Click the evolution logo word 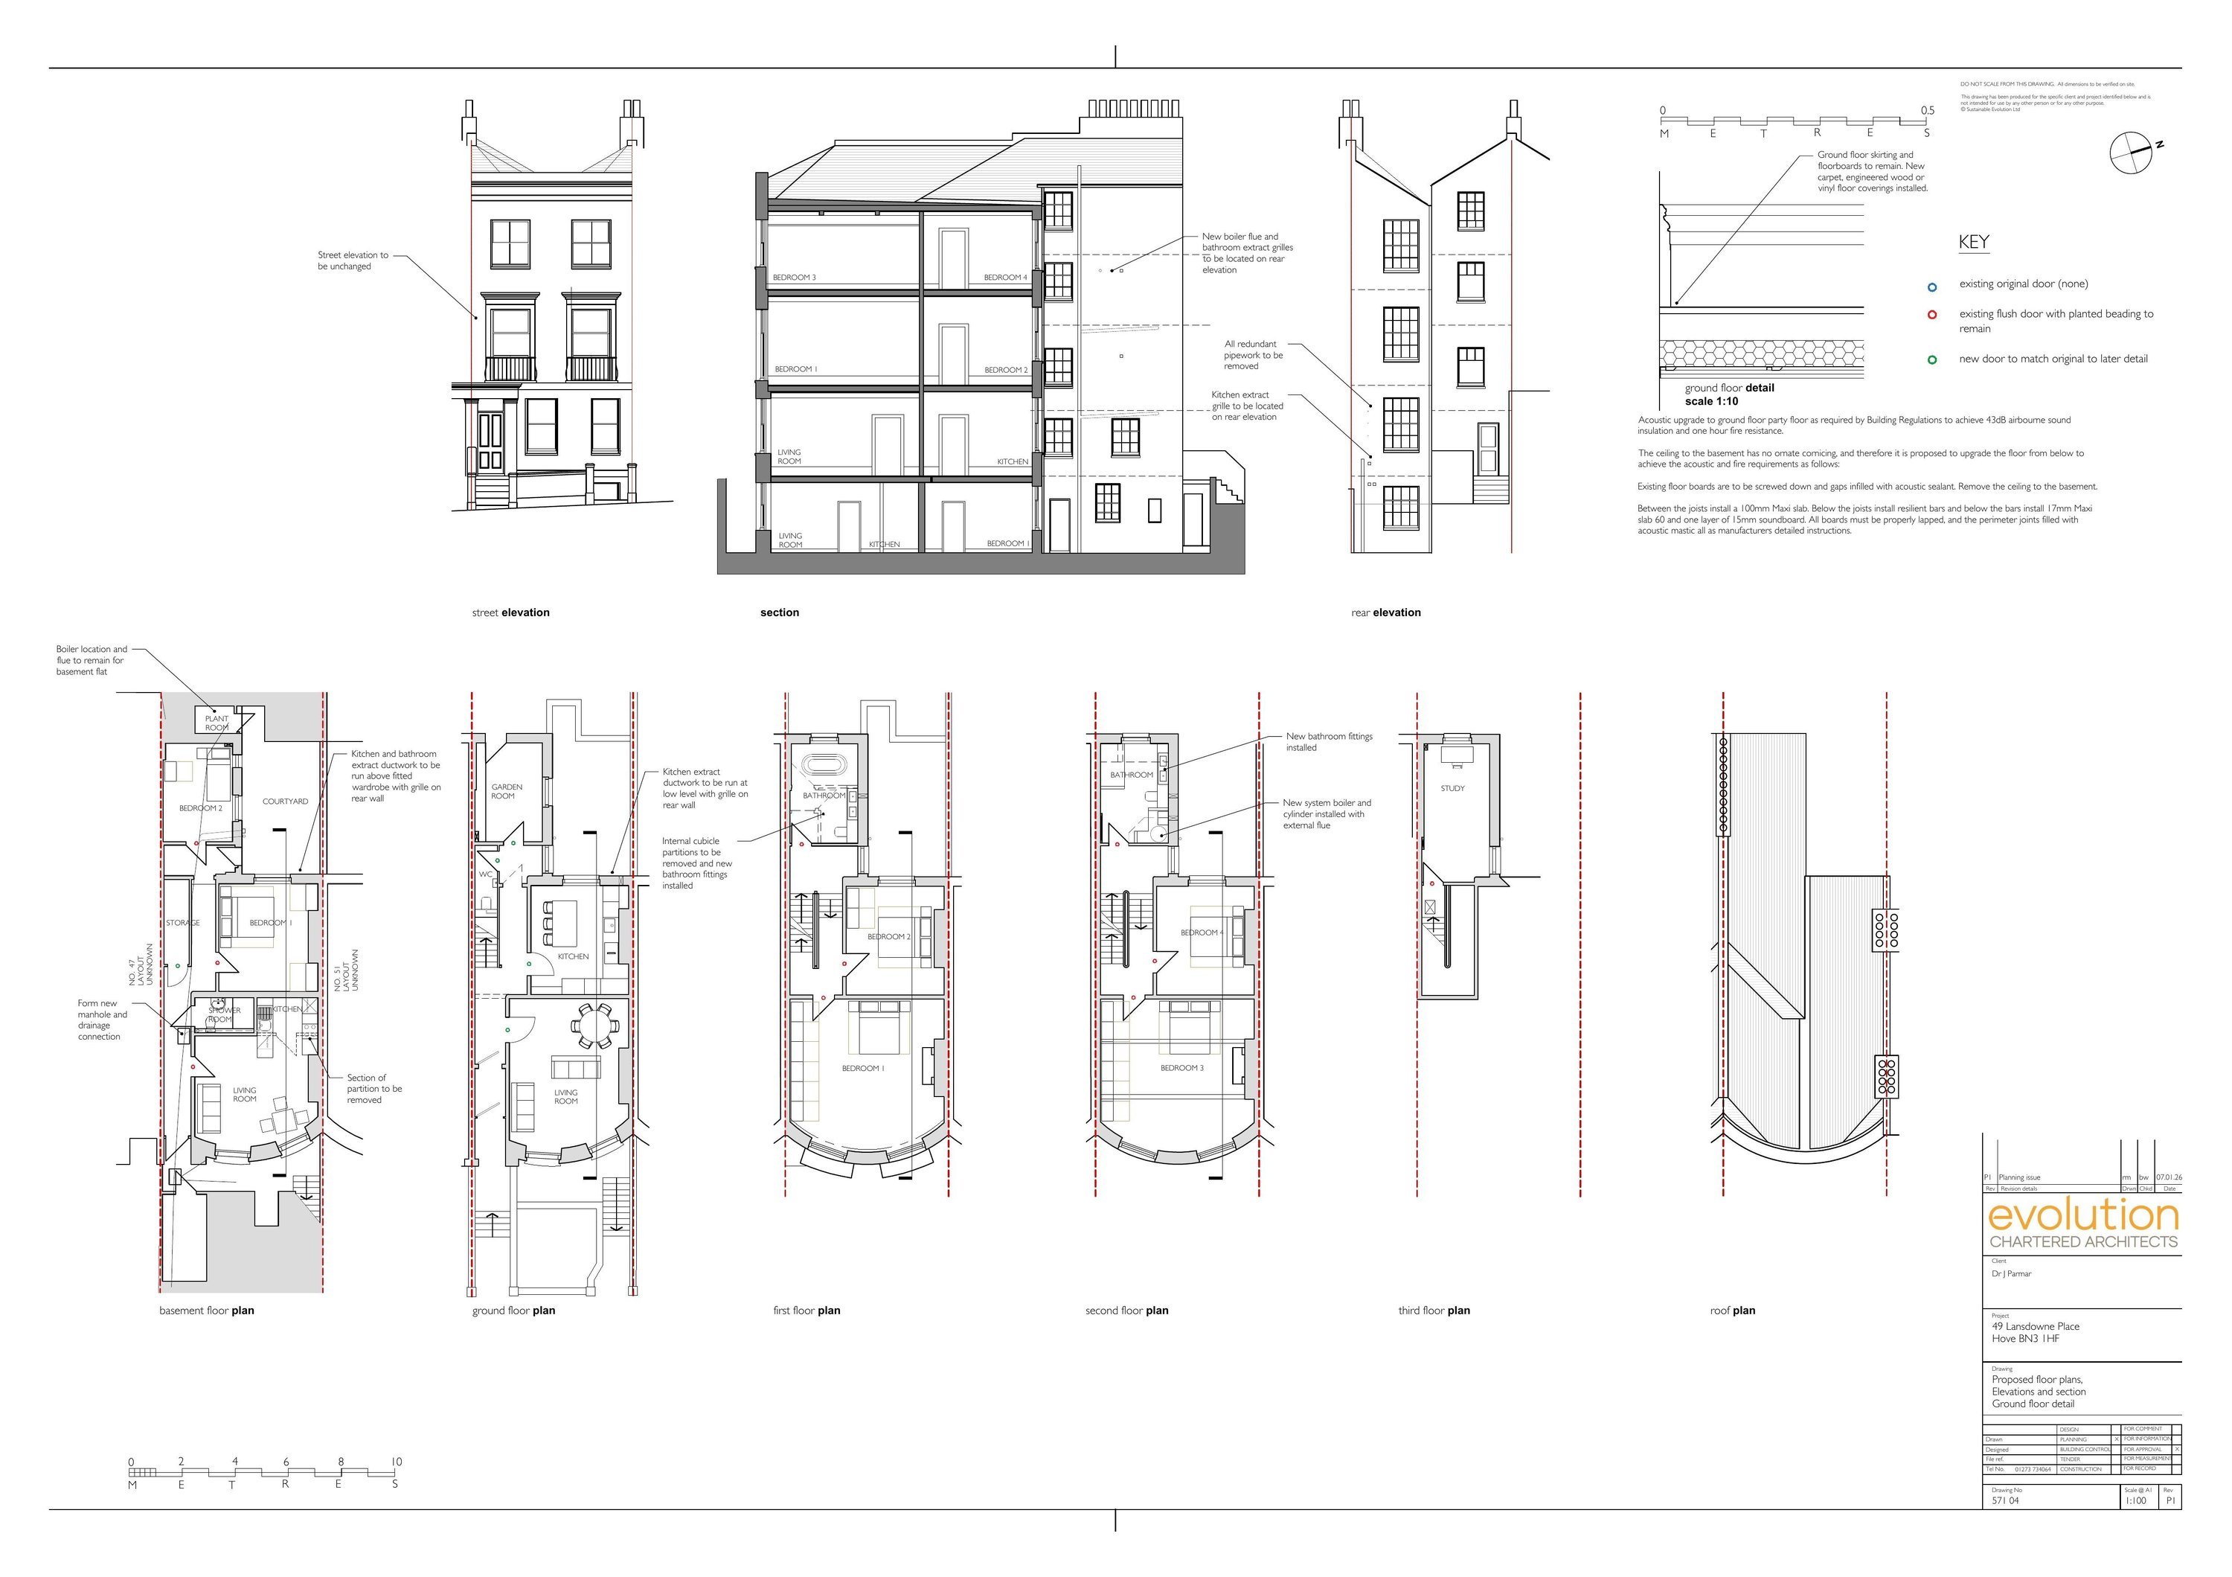coord(2082,1216)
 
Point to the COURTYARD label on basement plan coord(285,801)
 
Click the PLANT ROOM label coord(217,723)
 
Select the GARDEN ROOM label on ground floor coord(507,791)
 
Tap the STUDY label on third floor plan coord(1452,789)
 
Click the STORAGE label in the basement coord(183,923)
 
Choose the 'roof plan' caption coord(1732,1311)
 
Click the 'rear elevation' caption coord(1385,612)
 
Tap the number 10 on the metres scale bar coord(396,1462)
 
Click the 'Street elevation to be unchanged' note coord(353,260)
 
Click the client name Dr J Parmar coord(2011,1273)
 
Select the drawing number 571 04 coord(2004,1500)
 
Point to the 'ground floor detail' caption coord(1728,388)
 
